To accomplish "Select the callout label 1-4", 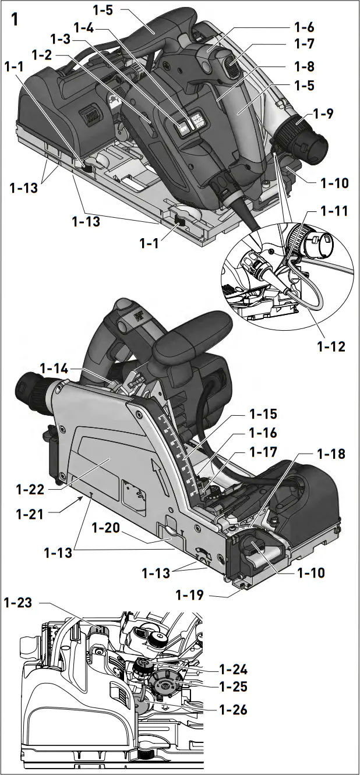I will tap(86, 26).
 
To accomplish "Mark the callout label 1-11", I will tap(333, 211).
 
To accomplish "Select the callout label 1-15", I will tap(263, 414).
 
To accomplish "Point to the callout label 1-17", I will tap(263, 452).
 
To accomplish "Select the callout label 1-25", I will tap(233, 687).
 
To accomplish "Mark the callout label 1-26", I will tap(233, 709).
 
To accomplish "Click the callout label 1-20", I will tap(107, 528).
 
